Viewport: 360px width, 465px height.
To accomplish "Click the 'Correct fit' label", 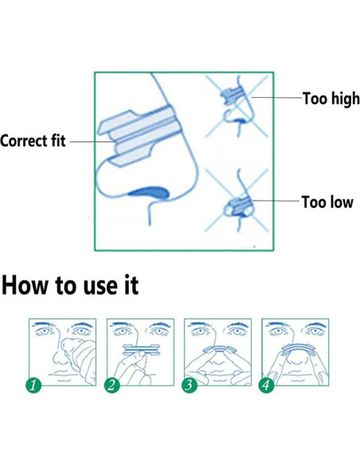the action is (x=33, y=141).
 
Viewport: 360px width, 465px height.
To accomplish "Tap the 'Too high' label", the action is (x=331, y=99).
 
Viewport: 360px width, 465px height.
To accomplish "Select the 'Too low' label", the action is (x=327, y=202).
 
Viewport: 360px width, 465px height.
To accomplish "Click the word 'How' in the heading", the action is (x=25, y=285).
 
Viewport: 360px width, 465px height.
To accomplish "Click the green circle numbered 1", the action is (x=33, y=385).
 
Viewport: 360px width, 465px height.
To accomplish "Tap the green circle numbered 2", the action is (x=112, y=385).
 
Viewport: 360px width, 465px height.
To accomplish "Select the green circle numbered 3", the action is (x=190, y=385).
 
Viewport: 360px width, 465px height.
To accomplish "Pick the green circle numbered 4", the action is (x=266, y=385).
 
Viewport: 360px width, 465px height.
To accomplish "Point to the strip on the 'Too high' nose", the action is (x=233, y=95).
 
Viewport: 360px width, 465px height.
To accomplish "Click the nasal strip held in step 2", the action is (x=141, y=350).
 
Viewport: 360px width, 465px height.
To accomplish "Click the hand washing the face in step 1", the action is (x=79, y=359).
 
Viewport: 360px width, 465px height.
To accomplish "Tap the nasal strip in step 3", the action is (x=220, y=349).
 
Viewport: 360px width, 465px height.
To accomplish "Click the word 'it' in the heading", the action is (x=131, y=285).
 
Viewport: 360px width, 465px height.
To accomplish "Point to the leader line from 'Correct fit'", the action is (x=92, y=142).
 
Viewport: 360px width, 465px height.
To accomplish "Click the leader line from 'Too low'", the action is (x=276, y=201).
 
